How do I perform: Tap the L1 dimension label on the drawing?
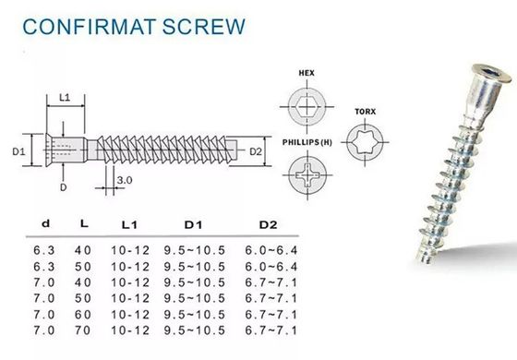coord(66,97)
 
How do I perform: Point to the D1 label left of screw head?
coord(18,149)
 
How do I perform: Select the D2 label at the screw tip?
coord(257,150)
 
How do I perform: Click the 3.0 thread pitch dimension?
coord(126,181)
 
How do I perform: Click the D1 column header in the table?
coord(192,225)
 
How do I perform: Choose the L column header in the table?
coord(85,225)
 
